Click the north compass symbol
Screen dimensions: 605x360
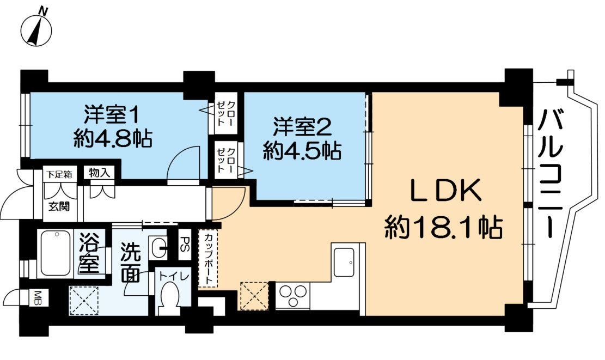click(x=36, y=28)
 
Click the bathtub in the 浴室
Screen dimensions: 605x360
click(x=57, y=253)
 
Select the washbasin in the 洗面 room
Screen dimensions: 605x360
click(x=158, y=248)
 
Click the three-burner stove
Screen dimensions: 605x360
click(x=292, y=295)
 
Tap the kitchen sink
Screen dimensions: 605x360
click(x=344, y=262)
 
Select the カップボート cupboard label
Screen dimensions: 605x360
click(x=209, y=258)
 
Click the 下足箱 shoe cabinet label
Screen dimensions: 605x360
click(x=59, y=174)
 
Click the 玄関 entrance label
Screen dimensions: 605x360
click(x=59, y=206)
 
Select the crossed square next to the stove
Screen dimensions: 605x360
click(x=254, y=296)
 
